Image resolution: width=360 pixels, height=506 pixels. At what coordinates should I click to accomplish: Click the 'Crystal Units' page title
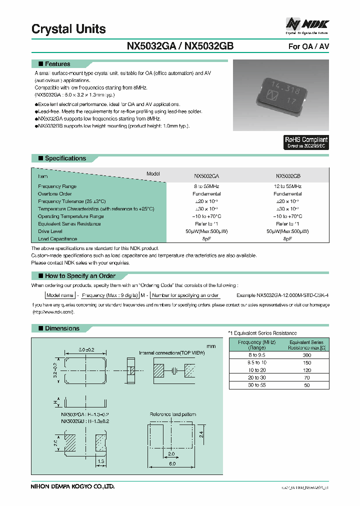[x=68, y=29]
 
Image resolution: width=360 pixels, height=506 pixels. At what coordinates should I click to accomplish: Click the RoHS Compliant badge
[x=306, y=142]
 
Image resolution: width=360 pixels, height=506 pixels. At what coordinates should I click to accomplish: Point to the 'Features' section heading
[x=57, y=64]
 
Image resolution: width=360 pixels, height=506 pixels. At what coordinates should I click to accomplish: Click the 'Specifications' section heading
[x=65, y=158]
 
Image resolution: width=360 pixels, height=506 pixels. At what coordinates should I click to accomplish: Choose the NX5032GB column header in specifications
[x=288, y=176]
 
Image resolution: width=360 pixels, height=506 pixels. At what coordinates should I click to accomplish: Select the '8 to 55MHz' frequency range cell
[x=206, y=186]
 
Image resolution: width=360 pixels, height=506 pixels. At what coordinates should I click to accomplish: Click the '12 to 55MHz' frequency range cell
[x=288, y=186]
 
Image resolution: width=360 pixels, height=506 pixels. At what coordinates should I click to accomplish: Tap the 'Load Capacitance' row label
[x=57, y=239]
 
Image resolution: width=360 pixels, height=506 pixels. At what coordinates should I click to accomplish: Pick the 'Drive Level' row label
[x=50, y=231]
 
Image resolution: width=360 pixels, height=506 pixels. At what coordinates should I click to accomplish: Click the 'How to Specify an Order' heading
[x=80, y=276]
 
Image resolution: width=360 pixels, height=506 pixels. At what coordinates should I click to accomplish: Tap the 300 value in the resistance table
[x=306, y=354]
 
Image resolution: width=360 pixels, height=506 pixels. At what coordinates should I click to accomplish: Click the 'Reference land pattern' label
[x=173, y=414]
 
